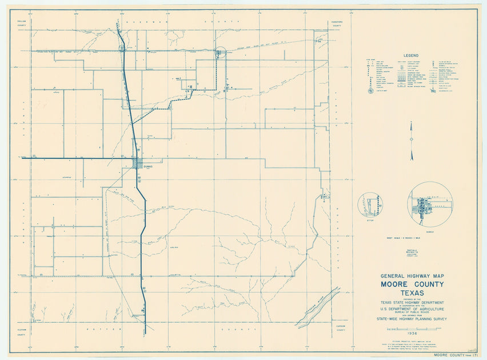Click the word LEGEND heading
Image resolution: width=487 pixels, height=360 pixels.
pos(412,55)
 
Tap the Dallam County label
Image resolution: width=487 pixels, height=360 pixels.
pos(22,23)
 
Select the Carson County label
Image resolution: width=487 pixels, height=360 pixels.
pos(340,327)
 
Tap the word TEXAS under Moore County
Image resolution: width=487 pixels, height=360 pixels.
pos(414,293)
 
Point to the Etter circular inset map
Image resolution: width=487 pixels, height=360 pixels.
pos(370,205)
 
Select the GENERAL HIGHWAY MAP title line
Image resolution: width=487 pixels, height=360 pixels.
pos(414,276)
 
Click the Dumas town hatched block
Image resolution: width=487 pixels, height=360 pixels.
pos(138,164)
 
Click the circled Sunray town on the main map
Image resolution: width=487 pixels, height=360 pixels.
pos(219,53)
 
